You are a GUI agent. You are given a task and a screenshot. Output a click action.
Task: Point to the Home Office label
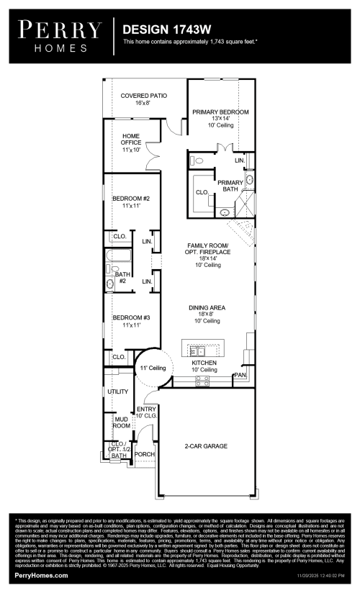tap(130, 142)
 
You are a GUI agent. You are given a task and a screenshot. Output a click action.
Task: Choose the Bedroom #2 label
tap(130, 202)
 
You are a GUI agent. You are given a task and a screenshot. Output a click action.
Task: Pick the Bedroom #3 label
tap(130, 321)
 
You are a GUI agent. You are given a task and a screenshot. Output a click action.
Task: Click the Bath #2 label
tap(122, 277)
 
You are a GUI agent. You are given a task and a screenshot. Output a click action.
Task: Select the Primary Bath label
tap(230, 186)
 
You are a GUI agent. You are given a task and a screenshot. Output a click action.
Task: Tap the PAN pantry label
tap(240, 376)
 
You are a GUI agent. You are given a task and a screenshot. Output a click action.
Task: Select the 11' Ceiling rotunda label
tap(153, 368)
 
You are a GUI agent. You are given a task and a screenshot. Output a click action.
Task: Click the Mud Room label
tap(122, 422)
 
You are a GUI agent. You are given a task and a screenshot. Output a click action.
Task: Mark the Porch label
tap(145, 454)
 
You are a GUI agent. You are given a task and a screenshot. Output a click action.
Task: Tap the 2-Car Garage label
tap(206, 446)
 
